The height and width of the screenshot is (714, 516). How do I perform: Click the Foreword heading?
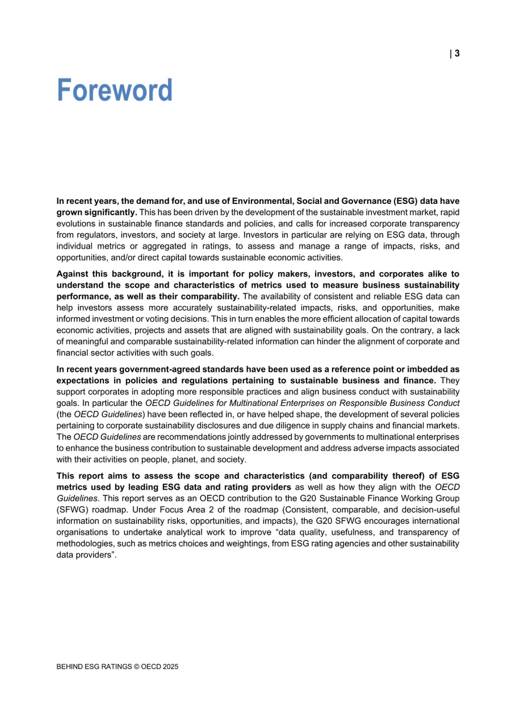tap(114, 90)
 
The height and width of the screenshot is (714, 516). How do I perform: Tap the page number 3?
tap(457, 54)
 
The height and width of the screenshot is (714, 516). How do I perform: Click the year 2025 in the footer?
tap(171, 666)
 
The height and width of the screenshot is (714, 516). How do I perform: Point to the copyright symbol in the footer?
tap(136, 666)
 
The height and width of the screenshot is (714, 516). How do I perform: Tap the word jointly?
tap(239, 437)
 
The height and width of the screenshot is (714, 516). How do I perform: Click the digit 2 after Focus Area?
tap(211, 510)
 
